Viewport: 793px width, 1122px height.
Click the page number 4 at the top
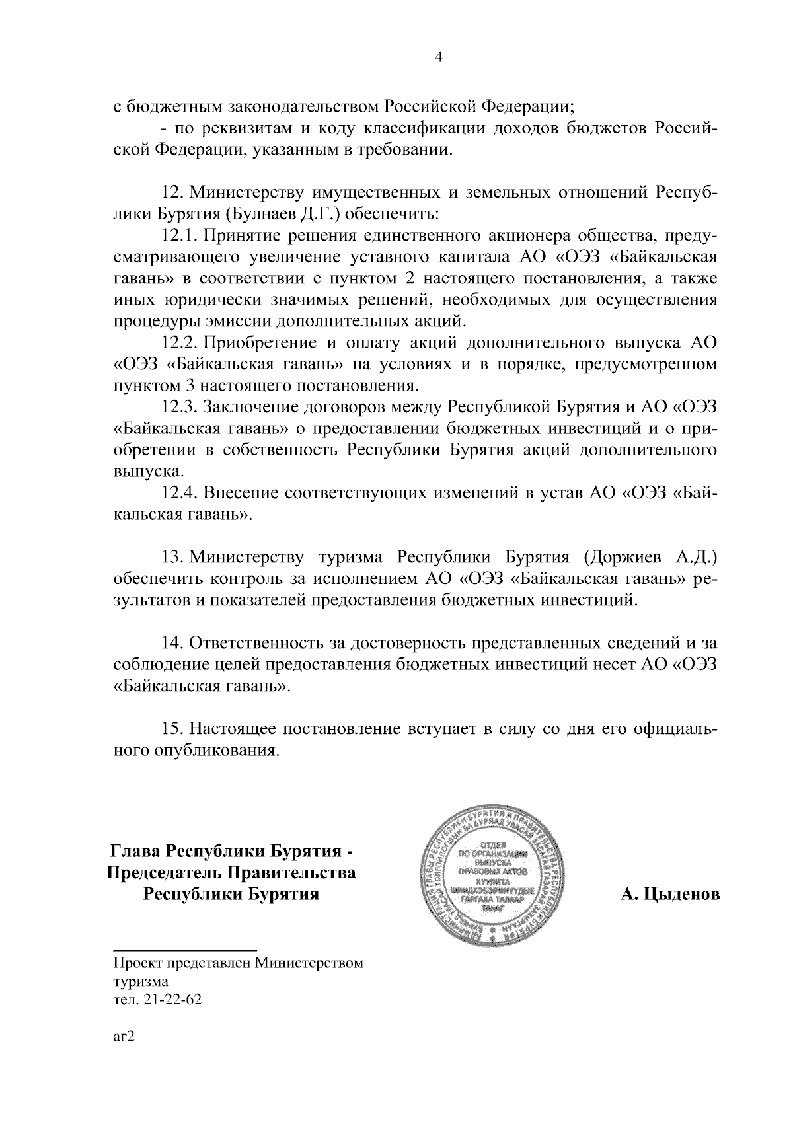click(438, 57)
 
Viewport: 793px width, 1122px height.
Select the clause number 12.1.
click(180, 236)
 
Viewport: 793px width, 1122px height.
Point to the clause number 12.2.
click(180, 343)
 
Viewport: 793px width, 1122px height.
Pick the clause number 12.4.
click(180, 493)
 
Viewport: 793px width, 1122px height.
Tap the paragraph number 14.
click(172, 642)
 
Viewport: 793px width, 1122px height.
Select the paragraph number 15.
click(172, 729)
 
